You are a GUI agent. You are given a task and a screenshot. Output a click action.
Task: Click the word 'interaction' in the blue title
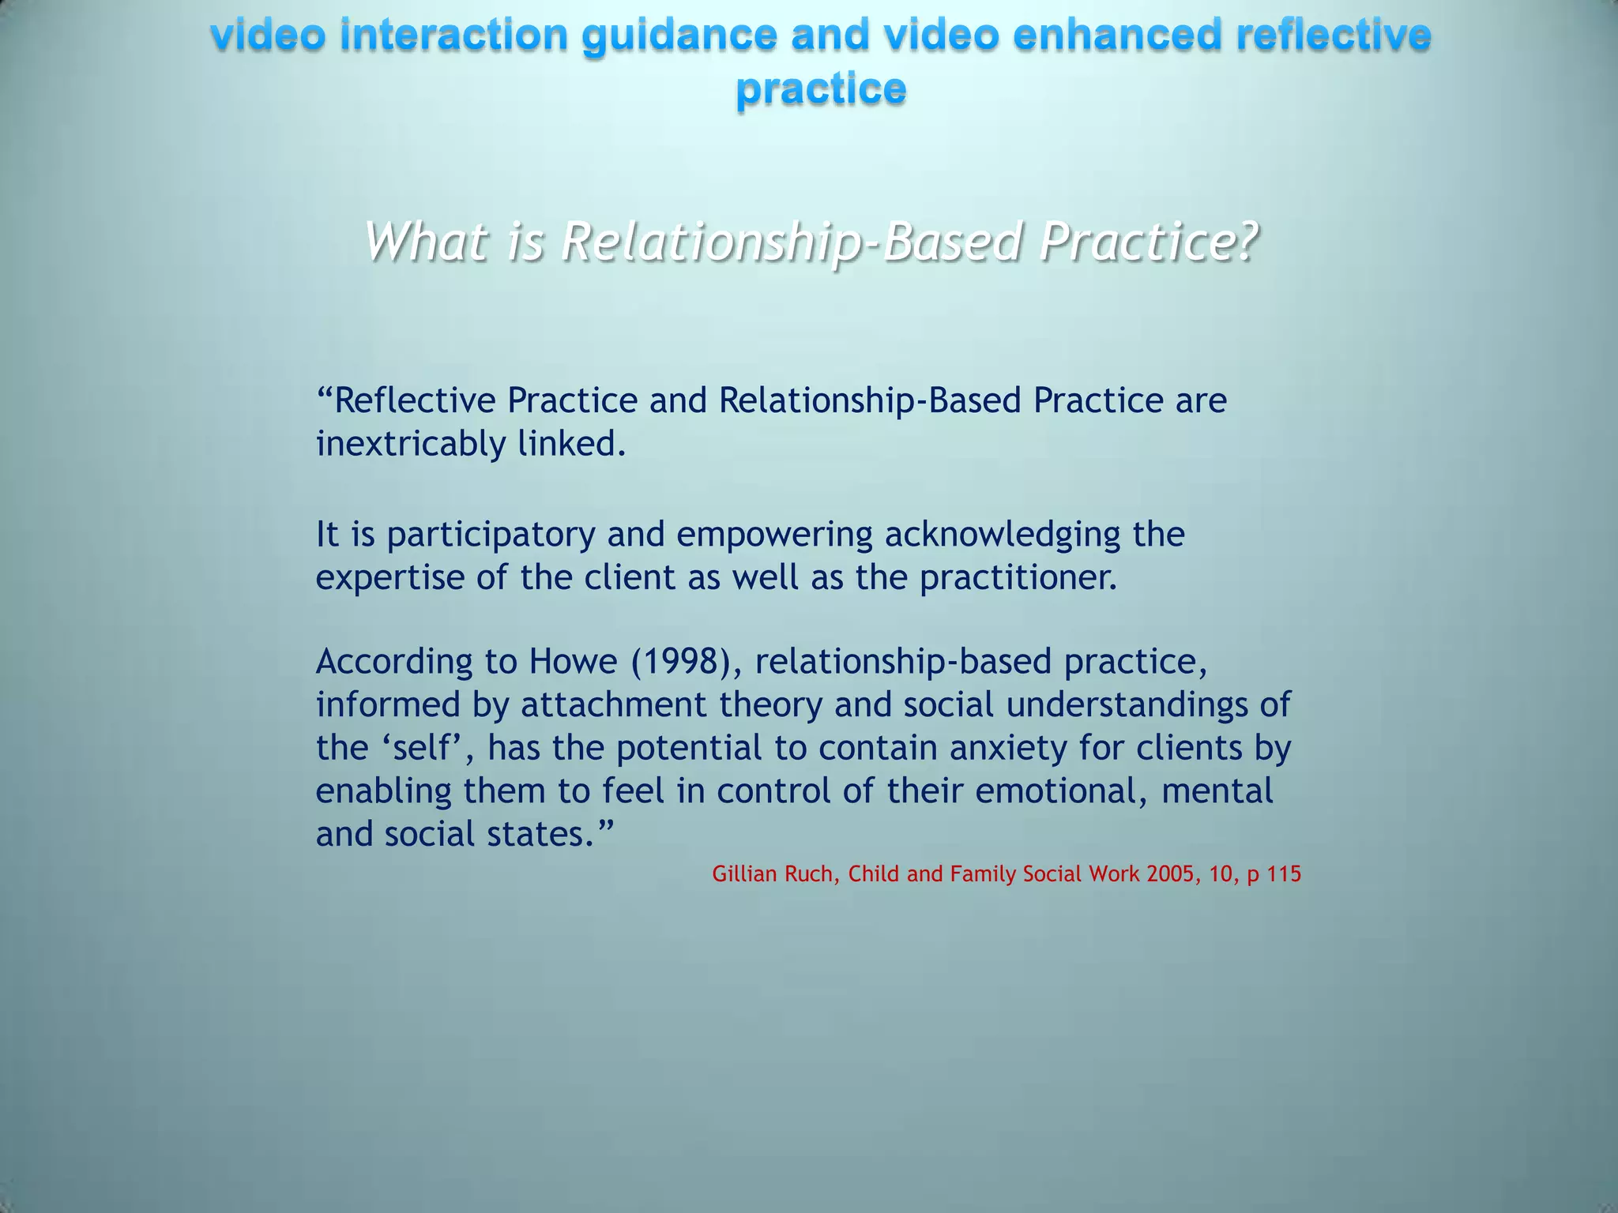pos(453,36)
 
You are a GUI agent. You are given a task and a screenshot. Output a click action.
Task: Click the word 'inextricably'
pos(410,444)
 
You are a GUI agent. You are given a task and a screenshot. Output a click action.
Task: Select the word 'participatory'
pos(491,535)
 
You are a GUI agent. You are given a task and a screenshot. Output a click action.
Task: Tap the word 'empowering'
pos(774,535)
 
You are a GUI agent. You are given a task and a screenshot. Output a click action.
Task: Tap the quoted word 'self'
pos(427,747)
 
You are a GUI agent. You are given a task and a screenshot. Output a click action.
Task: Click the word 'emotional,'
pos(1062,791)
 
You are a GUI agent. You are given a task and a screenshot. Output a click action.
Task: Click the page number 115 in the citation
pos(1284,874)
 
